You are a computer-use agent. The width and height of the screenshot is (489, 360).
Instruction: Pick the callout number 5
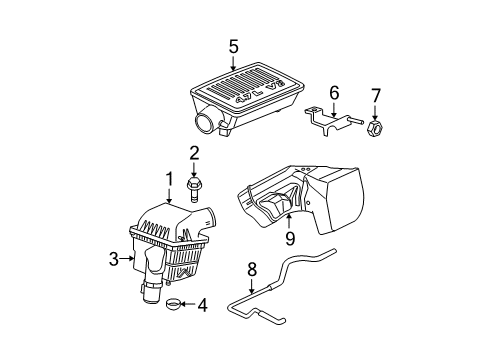[233, 45]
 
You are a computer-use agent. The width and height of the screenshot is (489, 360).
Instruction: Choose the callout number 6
[335, 92]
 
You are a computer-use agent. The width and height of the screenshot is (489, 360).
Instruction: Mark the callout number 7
[375, 95]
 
